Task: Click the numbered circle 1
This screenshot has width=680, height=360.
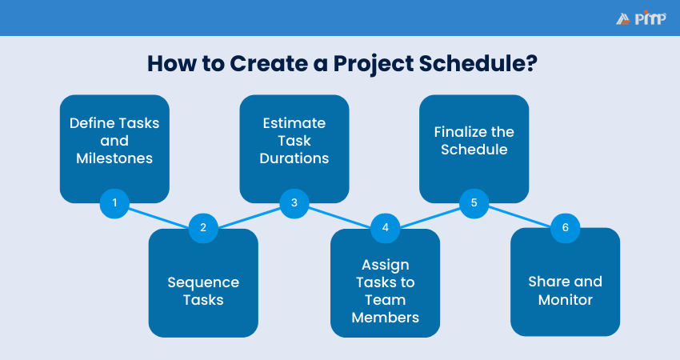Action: tap(114, 203)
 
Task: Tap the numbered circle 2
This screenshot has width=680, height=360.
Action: tap(203, 228)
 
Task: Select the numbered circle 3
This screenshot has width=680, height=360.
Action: tap(294, 203)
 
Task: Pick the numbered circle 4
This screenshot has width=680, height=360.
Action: tap(385, 228)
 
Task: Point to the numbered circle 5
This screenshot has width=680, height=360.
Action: tap(474, 203)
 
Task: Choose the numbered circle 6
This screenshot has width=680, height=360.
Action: tap(565, 228)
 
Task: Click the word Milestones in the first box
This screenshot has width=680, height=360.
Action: tap(114, 158)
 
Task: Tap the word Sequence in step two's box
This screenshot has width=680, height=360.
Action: tap(203, 282)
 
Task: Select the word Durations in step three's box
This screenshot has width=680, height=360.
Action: tap(294, 158)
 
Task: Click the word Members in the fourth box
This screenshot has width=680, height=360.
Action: tap(385, 318)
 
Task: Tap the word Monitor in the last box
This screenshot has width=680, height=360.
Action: tap(565, 300)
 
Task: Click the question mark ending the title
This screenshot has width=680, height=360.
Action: tap(530, 64)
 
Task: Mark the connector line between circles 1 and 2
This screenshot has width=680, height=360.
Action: tap(158, 216)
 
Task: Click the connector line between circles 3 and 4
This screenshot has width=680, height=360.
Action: tap(339, 216)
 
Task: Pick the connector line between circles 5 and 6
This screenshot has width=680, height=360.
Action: tap(519, 216)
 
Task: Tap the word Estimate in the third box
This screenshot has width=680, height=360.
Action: tap(294, 123)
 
